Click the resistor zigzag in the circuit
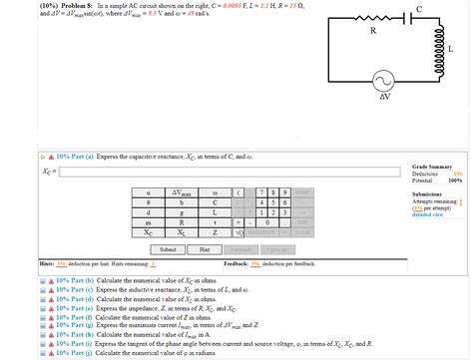373,20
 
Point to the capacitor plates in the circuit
419,19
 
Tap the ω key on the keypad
215,190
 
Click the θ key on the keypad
148,201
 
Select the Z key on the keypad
215,232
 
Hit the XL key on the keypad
182,232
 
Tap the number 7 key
259,190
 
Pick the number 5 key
272,201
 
